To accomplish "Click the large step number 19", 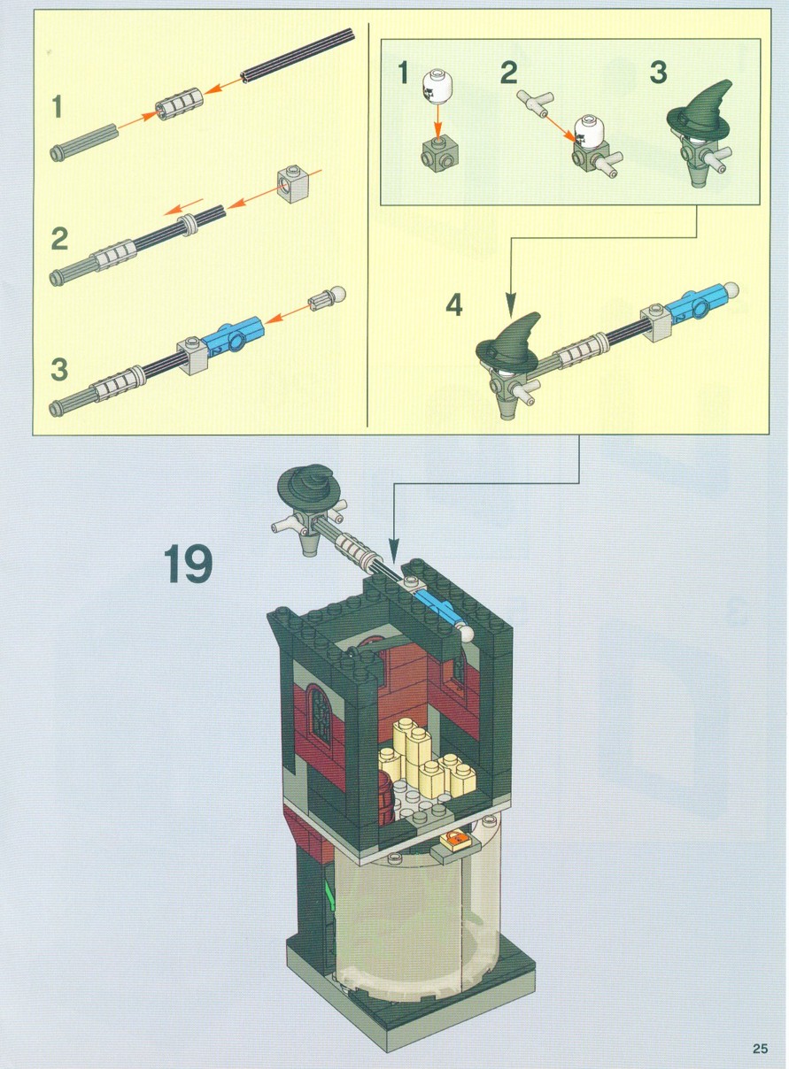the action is click(188, 564).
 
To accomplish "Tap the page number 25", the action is click(761, 1049).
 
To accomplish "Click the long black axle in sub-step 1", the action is click(298, 56).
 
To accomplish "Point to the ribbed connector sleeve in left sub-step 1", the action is click(180, 104).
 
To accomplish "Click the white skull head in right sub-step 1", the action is click(436, 86).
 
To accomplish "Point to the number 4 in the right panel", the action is click(453, 305).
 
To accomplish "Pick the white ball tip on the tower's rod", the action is click(466, 634).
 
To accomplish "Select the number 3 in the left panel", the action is click(58, 369).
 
